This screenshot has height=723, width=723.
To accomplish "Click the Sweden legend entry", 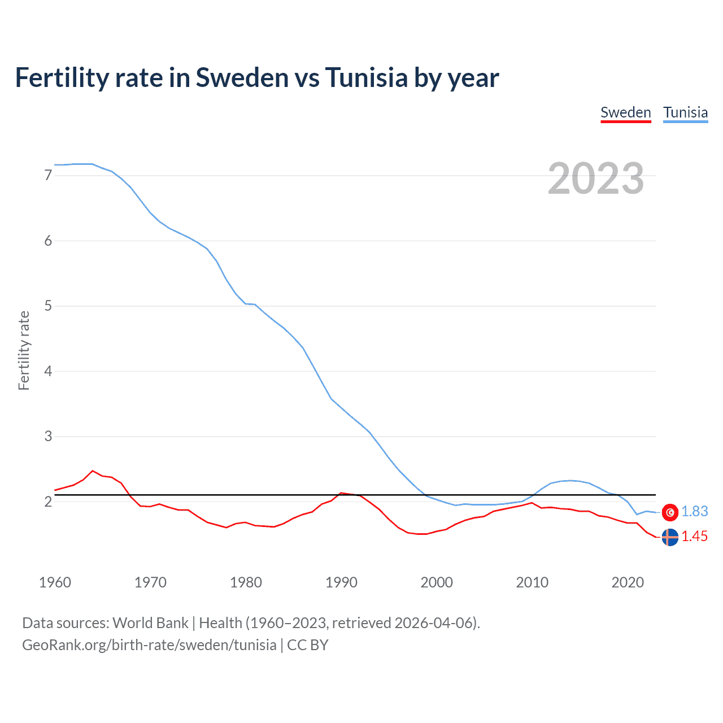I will (625, 112).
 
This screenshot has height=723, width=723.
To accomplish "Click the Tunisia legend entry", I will (685, 112).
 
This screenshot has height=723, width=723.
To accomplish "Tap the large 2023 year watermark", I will (596, 178).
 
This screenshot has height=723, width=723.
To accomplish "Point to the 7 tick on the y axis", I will (48, 176).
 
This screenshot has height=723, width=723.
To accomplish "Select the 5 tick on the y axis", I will (48, 306).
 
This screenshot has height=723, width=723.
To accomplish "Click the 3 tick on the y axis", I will (48, 437).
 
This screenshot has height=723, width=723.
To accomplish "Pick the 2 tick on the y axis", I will (48, 502).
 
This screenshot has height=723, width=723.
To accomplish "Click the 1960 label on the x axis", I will (55, 582).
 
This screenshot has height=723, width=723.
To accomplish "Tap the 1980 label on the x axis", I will (246, 582).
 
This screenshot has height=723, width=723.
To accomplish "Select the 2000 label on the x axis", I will (437, 582).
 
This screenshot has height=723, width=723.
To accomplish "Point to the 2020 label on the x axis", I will (628, 582).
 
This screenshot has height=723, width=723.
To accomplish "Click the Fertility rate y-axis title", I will (24, 350).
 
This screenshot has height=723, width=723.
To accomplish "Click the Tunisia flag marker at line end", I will (670, 512).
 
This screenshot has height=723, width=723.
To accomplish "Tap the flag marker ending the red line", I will (670, 537).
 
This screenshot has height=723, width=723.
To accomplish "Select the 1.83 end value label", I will (694, 511).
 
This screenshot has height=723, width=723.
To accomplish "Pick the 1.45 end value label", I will (694, 537).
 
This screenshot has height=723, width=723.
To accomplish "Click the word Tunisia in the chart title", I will (365, 77).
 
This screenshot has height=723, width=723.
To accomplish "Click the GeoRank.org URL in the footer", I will (149, 645).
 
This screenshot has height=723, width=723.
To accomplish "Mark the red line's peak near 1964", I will (93, 471).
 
